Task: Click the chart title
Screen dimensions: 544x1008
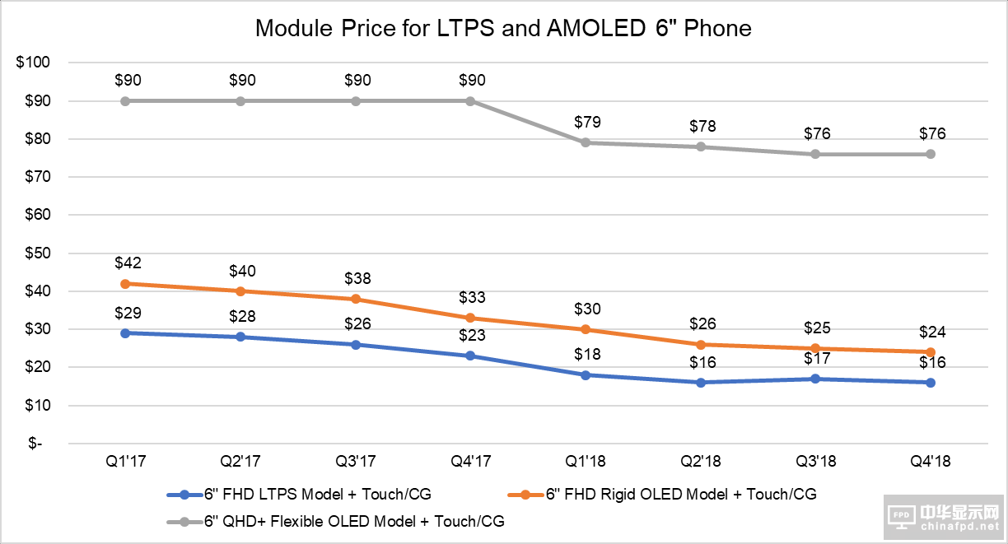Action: [503, 29]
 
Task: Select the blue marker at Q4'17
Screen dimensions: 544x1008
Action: [470, 356]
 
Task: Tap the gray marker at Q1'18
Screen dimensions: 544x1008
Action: [586, 142]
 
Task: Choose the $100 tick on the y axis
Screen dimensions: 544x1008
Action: [34, 63]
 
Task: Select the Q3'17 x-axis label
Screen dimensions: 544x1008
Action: [356, 462]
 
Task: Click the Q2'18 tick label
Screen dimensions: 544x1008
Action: [701, 462]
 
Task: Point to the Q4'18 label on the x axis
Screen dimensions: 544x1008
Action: [931, 462]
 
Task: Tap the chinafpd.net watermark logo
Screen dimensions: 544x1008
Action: [945, 518]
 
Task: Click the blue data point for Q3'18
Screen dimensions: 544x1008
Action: [815, 379]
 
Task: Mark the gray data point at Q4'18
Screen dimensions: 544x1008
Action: [931, 154]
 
